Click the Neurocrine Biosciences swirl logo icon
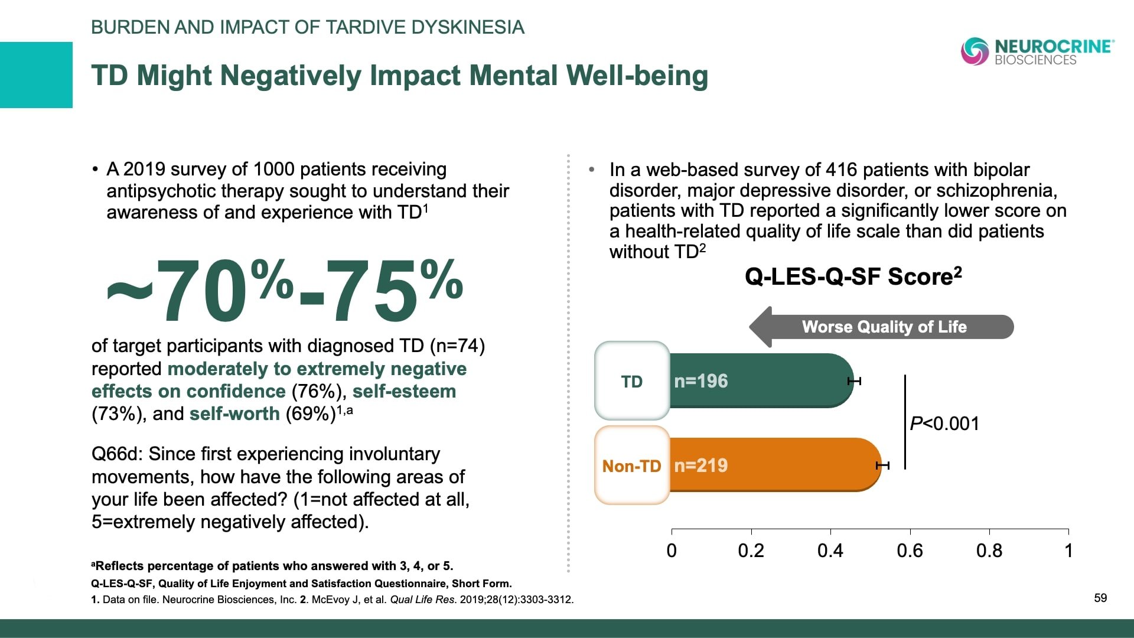click(975, 51)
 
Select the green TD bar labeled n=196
click(762, 381)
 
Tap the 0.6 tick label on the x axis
click(910, 551)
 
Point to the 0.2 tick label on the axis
click(751, 551)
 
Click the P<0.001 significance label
click(944, 424)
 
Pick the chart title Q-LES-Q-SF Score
click(853, 276)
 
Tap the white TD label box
click(632, 382)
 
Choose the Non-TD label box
click(632, 466)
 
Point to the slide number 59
click(1100, 598)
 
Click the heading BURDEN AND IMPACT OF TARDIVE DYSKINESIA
click(308, 27)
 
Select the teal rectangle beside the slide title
click(36, 75)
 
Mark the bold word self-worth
click(234, 414)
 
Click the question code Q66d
click(116, 454)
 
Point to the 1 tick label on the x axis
click(1068, 551)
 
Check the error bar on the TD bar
click(854, 381)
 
